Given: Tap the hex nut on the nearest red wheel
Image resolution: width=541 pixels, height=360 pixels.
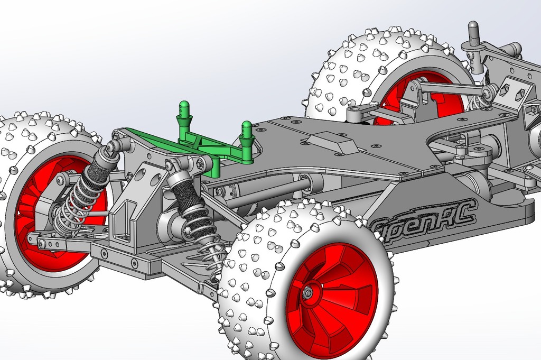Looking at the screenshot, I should tap(307, 291).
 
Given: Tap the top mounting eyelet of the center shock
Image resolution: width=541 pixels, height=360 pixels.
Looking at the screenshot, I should tap(172, 165).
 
